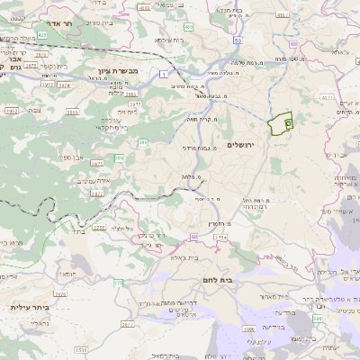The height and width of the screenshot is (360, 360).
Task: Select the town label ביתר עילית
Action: click(x=29, y=307)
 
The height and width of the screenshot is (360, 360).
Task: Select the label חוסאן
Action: click(x=67, y=271)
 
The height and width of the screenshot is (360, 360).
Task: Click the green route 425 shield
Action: click(x=187, y=28)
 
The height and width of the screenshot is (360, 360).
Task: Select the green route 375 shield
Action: click(x=117, y=283)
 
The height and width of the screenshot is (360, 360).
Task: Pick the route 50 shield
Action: click(x=235, y=41)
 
